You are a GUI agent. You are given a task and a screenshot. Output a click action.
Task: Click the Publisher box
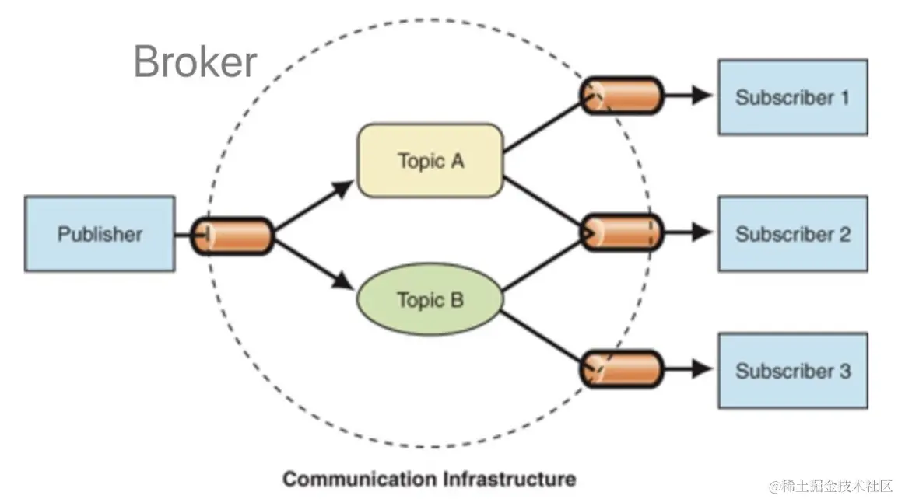coord(100,233)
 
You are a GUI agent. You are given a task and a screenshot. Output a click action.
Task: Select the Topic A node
coord(430,161)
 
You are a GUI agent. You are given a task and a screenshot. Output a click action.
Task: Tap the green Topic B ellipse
coord(430,299)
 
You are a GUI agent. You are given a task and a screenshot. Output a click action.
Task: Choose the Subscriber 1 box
coord(793,97)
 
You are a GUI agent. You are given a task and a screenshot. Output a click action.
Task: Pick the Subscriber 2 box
coord(793,233)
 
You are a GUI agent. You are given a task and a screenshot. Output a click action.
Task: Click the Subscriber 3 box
coord(793,370)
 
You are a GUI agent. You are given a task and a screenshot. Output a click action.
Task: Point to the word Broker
coord(195,61)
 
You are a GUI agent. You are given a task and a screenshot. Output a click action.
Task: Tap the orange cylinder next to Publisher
coord(232,236)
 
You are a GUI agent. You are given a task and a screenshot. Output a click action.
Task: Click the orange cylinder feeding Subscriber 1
coord(622,96)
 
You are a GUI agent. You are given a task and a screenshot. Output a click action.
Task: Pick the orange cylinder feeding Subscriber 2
coord(622,232)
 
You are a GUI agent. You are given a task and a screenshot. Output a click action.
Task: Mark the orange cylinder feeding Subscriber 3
coord(622,369)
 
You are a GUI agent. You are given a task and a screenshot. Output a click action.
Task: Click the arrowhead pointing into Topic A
coord(344,188)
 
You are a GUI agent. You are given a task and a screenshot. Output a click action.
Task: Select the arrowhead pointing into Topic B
coord(343,281)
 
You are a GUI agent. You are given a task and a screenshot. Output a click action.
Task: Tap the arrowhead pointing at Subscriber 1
coord(702,96)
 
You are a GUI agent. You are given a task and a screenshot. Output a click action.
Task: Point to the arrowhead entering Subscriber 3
coord(702,369)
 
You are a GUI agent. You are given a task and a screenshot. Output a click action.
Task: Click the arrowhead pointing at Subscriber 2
coord(702,232)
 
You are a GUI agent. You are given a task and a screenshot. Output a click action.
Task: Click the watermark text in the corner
coord(830,487)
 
